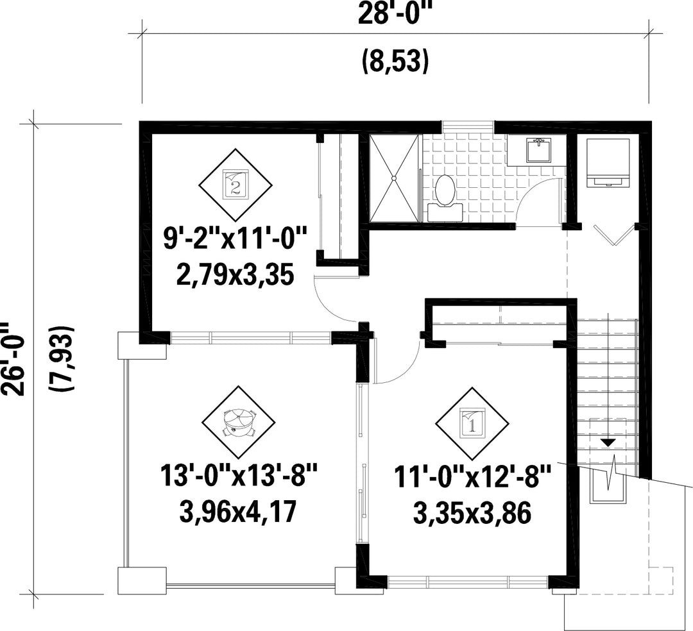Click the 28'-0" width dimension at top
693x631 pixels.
tap(394, 14)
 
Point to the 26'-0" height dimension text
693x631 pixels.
tap(12, 358)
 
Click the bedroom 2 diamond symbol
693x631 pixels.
tap(235, 185)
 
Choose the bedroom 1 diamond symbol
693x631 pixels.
tap(472, 425)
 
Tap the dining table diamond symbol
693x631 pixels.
tap(239, 423)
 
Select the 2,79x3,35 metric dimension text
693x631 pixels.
tap(235, 274)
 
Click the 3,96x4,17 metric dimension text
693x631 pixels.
tap(237, 512)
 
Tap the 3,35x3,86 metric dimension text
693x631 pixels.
tap(472, 514)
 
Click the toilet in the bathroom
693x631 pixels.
tap(445, 198)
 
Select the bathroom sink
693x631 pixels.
tap(538, 151)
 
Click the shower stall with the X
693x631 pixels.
tap(393, 178)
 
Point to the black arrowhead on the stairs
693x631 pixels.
tap(608, 442)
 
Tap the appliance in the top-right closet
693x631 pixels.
tap(607, 163)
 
